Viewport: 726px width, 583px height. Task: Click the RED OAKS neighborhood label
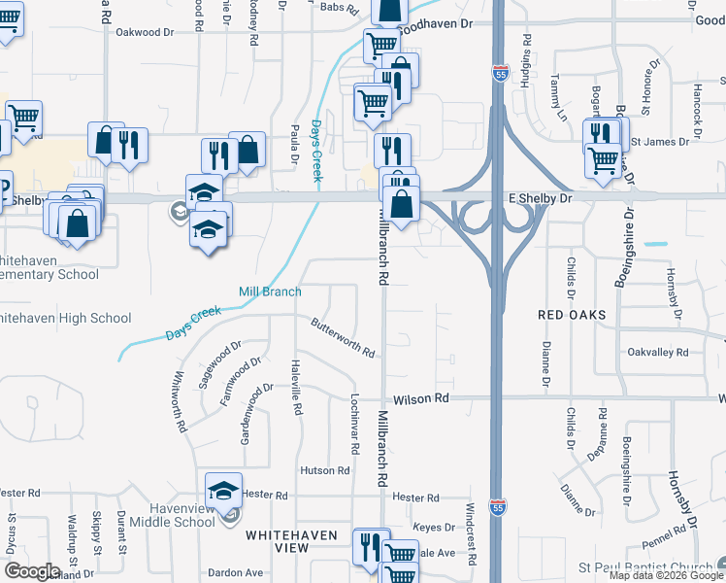[x=573, y=315]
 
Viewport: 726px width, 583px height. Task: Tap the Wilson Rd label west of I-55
[x=421, y=398]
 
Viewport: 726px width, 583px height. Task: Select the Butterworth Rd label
[x=343, y=338]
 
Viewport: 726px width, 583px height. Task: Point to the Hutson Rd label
[x=324, y=470]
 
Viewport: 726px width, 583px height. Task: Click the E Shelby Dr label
[x=542, y=197]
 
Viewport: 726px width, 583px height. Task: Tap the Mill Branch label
[x=270, y=291]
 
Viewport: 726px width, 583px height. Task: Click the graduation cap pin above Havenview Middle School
[x=224, y=490]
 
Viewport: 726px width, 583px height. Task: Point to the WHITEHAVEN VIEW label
[x=291, y=541]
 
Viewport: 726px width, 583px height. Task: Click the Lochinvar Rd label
[x=355, y=425]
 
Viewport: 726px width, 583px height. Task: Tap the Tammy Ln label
[x=559, y=96]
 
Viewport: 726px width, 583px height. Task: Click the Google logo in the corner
[x=31, y=571]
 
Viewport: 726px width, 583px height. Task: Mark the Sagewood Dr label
[x=219, y=364]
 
